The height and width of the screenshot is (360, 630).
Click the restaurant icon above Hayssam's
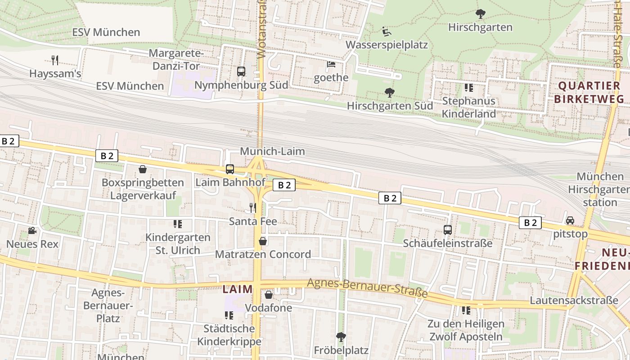[55, 60]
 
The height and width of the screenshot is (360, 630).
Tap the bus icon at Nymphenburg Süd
[241, 71]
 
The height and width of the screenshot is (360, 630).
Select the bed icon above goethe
[331, 64]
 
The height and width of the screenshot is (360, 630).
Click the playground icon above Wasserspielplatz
[386, 31]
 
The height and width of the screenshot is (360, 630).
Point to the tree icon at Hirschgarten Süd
[390, 93]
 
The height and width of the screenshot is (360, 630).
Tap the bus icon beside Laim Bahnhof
[230, 169]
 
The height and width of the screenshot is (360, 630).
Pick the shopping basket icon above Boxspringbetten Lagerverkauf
[143, 169]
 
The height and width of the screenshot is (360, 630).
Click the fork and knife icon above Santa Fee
[253, 207]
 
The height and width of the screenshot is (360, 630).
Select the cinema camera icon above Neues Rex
[32, 230]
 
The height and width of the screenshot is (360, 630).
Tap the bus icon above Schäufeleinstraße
[448, 230]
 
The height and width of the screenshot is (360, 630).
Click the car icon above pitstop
[570, 220]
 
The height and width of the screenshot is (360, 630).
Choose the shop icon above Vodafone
[269, 295]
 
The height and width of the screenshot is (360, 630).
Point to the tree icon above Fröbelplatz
[341, 337]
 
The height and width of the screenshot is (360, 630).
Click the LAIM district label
[238, 289]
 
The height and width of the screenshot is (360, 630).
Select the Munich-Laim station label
[272, 151]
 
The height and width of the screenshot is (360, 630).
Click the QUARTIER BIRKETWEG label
[589, 92]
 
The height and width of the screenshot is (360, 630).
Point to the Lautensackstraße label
[574, 300]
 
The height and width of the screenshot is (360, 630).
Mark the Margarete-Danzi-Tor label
[176, 59]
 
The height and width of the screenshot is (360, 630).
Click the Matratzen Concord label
[263, 254]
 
